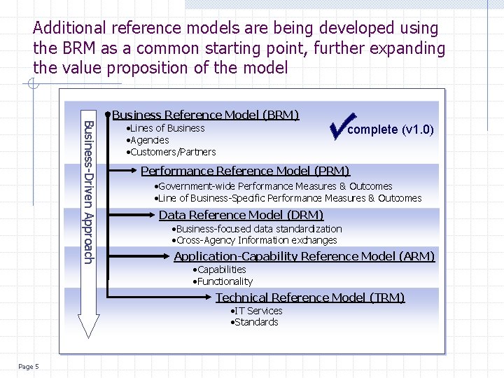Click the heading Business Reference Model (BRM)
(205, 115)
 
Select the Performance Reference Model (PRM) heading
(245, 171)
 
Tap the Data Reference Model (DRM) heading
(241, 215)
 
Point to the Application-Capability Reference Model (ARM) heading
(304, 256)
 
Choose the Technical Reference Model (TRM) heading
(310, 297)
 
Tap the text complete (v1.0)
(391, 129)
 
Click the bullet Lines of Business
(166, 128)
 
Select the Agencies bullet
(148, 140)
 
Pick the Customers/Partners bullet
(171, 152)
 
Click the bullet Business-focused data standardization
(257, 229)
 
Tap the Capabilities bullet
(220, 269)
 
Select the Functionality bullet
(223, 281)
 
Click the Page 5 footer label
(29, 367)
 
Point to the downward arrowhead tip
(89, 335)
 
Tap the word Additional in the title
(69, 29)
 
